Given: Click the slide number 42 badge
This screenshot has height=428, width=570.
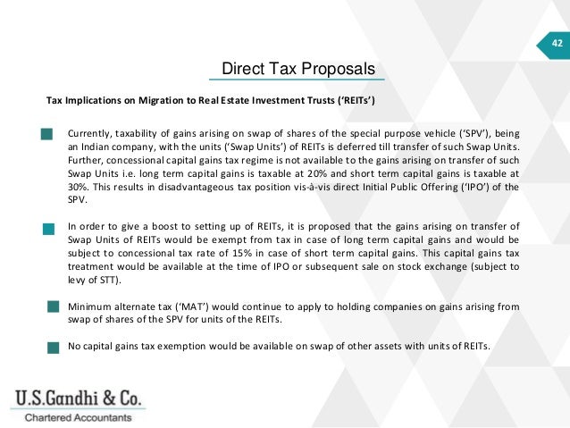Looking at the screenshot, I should click(x=557, y=43).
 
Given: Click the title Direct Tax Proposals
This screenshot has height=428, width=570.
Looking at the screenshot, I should click(x=298, y=69).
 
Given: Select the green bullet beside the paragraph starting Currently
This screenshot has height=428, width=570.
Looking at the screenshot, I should click(x=46, y=135).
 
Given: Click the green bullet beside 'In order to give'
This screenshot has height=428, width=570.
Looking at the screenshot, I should click(x=49, y=229).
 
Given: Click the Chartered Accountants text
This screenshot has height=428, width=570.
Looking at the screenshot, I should click(x=77, y=417).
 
